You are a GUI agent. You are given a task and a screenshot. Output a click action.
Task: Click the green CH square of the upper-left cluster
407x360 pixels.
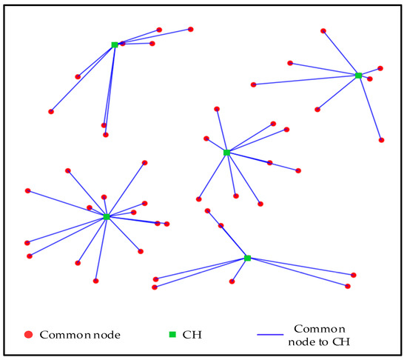[115, 44]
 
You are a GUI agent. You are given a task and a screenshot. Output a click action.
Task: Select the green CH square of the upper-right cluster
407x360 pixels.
[358, 76]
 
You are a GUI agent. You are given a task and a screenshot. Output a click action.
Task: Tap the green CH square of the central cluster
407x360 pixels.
[226, 153]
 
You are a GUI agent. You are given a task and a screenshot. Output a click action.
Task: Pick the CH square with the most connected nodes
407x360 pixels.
[107, 217]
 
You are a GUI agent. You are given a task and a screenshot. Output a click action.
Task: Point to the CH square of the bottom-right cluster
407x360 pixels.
[248, 258]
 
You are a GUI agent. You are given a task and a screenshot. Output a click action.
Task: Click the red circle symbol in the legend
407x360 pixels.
[28, 334]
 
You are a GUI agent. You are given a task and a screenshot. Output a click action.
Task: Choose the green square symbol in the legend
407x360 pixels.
[172, 334]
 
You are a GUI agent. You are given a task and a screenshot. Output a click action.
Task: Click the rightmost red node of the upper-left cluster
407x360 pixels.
[191, 29]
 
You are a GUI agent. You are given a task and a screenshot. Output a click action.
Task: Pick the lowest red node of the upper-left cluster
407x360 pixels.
[106, 135]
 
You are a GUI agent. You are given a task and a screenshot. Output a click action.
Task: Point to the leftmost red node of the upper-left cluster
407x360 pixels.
[51, 112]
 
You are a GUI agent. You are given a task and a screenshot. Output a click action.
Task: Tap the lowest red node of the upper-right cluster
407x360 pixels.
[381, 139]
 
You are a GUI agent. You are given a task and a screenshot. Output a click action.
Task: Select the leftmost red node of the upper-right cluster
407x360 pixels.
[254, 84]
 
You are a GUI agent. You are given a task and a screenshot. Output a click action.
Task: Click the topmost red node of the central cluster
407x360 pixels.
[217, 109]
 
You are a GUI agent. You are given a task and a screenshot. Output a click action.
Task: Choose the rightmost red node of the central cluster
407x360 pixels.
[298, 171]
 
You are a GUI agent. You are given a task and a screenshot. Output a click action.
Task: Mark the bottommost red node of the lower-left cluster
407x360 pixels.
[95, 281]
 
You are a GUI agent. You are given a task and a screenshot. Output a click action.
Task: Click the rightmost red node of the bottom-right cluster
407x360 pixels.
[354, 275]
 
